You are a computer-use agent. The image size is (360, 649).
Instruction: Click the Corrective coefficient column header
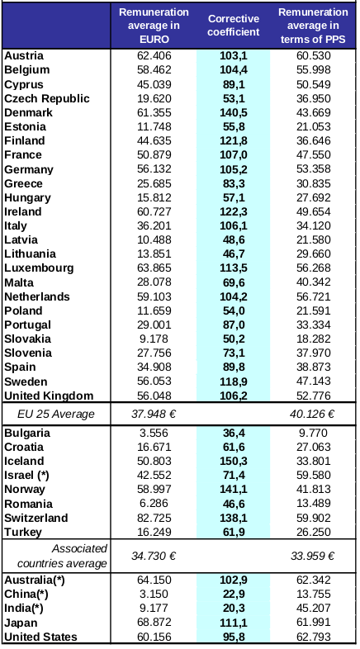[234, 26]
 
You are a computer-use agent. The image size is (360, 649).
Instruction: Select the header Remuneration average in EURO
[154, 26]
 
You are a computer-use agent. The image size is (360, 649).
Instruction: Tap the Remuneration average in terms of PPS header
[313, 26]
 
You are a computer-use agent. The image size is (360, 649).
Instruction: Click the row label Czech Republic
[47, 98]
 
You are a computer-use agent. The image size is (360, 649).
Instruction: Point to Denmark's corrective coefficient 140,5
[234, 112]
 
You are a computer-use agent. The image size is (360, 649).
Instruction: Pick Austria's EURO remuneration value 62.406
[154, 56]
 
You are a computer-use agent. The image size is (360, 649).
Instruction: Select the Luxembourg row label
[39, 268]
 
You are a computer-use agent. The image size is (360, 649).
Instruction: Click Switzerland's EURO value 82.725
[154, 518]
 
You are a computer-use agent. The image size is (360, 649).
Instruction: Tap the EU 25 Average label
[56, 414]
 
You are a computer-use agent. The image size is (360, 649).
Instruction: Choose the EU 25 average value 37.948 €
[154, 414]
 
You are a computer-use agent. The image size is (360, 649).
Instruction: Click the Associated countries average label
[63, 556]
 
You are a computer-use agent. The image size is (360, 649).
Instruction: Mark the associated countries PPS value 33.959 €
[312, 556]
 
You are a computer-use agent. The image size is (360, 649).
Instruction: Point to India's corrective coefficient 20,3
[234, 608]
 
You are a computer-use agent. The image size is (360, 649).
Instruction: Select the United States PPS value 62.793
[313, 636]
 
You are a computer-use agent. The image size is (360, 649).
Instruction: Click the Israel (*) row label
[26, 475]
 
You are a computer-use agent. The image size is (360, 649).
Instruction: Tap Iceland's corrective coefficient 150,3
[234, 461]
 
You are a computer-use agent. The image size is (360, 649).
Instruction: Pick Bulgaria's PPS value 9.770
[313, 433]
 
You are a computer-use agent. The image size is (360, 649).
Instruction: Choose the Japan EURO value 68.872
[154, 622]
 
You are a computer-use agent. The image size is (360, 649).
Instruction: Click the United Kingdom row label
[49, 396]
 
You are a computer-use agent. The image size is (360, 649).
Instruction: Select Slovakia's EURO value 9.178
[154, 339]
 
